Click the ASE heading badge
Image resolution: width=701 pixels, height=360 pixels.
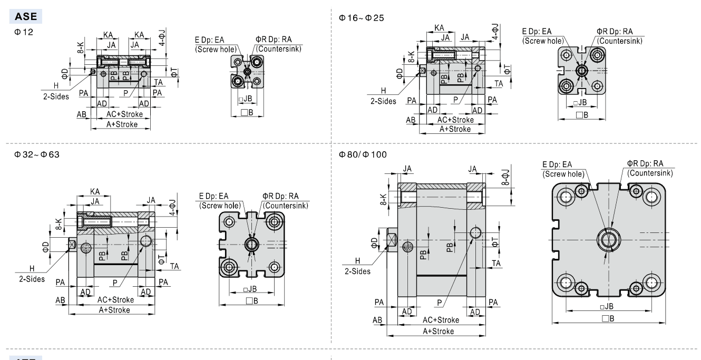click(x=26, y=16)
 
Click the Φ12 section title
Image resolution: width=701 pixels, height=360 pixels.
click(x=24, y=32)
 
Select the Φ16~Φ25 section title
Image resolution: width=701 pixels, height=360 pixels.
click(x=361, y=18)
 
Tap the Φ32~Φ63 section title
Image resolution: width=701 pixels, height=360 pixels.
click(x=36, y=154)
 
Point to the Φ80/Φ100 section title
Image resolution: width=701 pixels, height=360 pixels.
click(x=363, y=154)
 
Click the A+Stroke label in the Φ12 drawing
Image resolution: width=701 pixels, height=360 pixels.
click(x=122, y=124)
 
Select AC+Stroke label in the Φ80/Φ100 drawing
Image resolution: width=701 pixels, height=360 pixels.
click(x=441, y=320)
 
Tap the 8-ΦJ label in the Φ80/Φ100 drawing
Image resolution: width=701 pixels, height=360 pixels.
click(x=505, y=177)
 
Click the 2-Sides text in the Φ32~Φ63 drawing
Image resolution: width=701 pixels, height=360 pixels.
click(x=32, y=279)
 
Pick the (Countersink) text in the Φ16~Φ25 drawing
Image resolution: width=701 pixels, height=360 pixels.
click(x=620, y=41)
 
